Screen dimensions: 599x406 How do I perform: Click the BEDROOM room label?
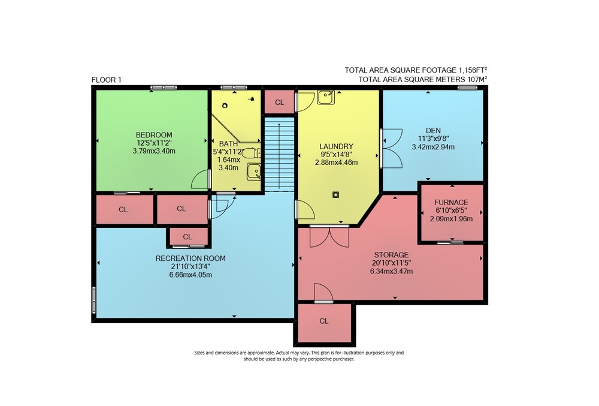click(x=154, y=135)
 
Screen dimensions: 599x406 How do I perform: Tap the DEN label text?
click(x=433, y=131)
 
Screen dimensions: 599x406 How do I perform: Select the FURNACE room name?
click(x=451, y=202)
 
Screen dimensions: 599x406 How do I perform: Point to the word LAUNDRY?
click(x=336, y=146)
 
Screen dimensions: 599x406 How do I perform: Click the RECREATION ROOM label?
click(x=190, y=258)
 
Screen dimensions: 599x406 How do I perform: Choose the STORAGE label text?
click(x=391, y=255)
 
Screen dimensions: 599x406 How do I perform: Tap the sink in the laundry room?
click(x=326, y=97)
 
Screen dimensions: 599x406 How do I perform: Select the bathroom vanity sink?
click(x=254, y=172)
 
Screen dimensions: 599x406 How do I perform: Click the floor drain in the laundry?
click(x=336, y=195)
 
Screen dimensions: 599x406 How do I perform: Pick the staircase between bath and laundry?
click(x=280, y=154)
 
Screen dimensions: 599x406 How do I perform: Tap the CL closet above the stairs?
click(x=280, y=102)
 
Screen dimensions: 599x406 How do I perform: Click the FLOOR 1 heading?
click(x=106, y=80)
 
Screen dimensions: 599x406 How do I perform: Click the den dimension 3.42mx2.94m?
click(x=433, y=147)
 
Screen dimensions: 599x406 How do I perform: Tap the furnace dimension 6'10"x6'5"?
click(x=451, y=210)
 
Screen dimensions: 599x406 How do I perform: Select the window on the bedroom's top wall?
click(x=164, y=88)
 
